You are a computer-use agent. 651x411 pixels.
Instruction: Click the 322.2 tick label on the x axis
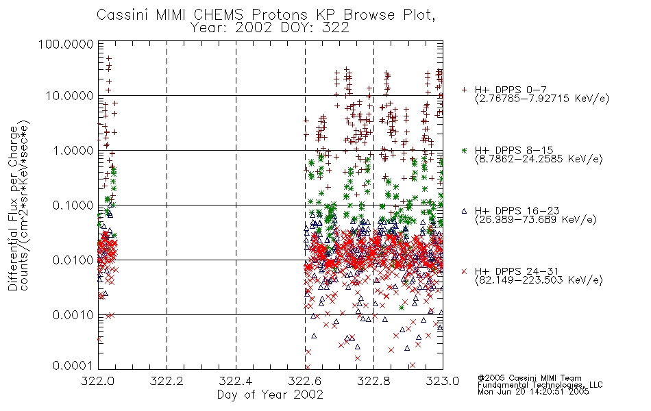tap(167, 381)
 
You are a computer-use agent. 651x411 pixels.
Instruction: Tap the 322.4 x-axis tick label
tap(236, 381)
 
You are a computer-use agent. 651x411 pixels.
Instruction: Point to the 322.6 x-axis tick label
tap(305, 381)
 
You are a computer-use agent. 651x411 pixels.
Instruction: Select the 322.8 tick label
tap(373, 381)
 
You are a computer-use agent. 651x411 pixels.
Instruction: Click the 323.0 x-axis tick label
tap(443, 381)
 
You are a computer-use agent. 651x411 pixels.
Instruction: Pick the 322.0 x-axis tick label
tap(98, 381)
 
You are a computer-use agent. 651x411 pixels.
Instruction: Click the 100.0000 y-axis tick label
tap(66, 44)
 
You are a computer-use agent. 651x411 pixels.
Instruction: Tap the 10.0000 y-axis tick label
tap(70, 96)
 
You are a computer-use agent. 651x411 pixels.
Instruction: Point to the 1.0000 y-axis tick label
tap(73, 150)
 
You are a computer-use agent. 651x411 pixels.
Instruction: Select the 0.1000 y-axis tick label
tap(73, 205)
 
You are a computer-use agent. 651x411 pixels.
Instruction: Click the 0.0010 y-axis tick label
tap(73, 314)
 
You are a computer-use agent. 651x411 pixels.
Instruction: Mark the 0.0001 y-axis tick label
tap(73, 365)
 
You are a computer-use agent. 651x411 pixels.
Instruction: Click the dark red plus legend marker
tap(464, 90)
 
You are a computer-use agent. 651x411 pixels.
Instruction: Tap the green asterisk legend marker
tap(464, 150)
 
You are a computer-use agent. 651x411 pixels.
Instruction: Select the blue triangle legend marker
tap(464, 211)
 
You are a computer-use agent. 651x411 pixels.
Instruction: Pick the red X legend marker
tap(464, 271)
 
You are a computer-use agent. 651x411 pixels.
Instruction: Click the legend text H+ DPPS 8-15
tap(514, 150)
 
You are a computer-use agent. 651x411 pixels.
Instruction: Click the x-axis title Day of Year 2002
tap(270, 395)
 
